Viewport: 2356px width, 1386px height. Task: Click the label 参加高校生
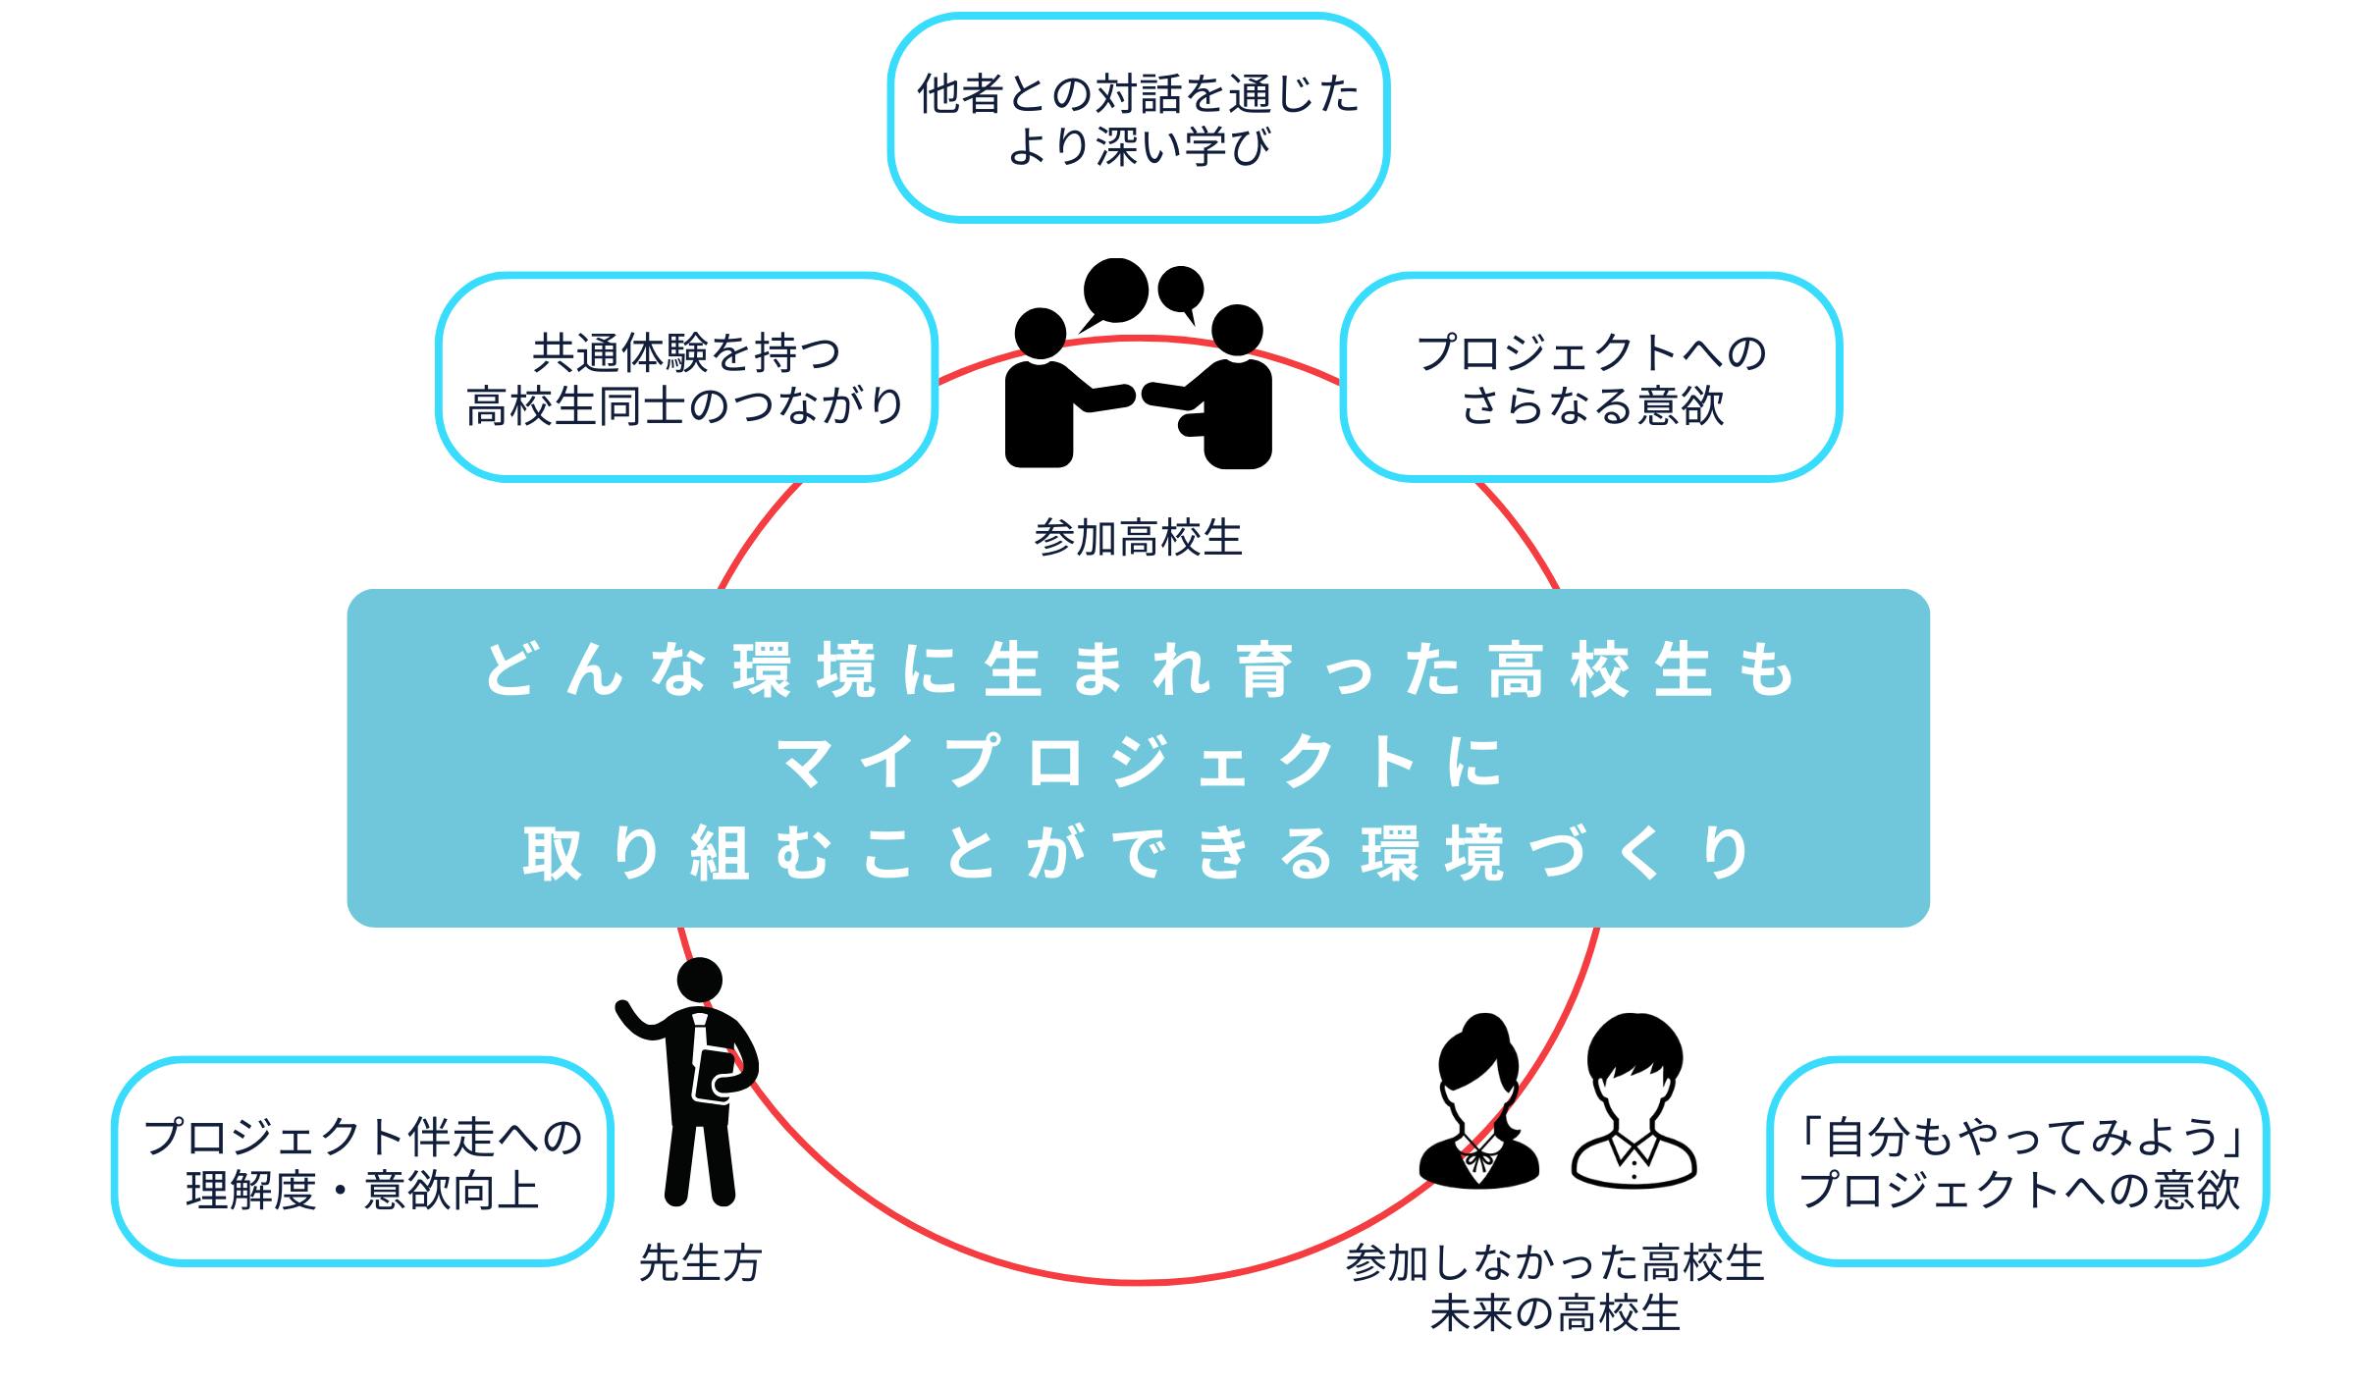click(1138, 538)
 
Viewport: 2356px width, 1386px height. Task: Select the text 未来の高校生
click(1555, 1313)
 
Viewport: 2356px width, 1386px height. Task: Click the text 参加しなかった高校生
click(1555, 1262)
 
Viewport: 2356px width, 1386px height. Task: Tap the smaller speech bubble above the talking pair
click(1181, 290)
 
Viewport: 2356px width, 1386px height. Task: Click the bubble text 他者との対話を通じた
click(1139, 95)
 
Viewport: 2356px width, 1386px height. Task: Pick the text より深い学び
click(1139, 147)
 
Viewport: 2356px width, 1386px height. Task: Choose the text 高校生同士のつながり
click(685, 405)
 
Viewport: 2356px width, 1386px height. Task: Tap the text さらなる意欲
click(1592, 405)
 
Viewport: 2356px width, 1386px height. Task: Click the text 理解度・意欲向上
click(362, 1191)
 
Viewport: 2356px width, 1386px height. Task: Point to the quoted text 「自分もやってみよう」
click(2020, 1137)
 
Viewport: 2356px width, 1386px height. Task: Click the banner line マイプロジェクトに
click(1139, 762)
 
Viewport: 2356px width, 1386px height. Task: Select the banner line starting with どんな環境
click(1139, 671)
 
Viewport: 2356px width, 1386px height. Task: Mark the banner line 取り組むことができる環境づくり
click(1139, 852)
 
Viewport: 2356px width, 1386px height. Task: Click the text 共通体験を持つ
click(685, 352)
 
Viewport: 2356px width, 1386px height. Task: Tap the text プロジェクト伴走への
click(362, 1137)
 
